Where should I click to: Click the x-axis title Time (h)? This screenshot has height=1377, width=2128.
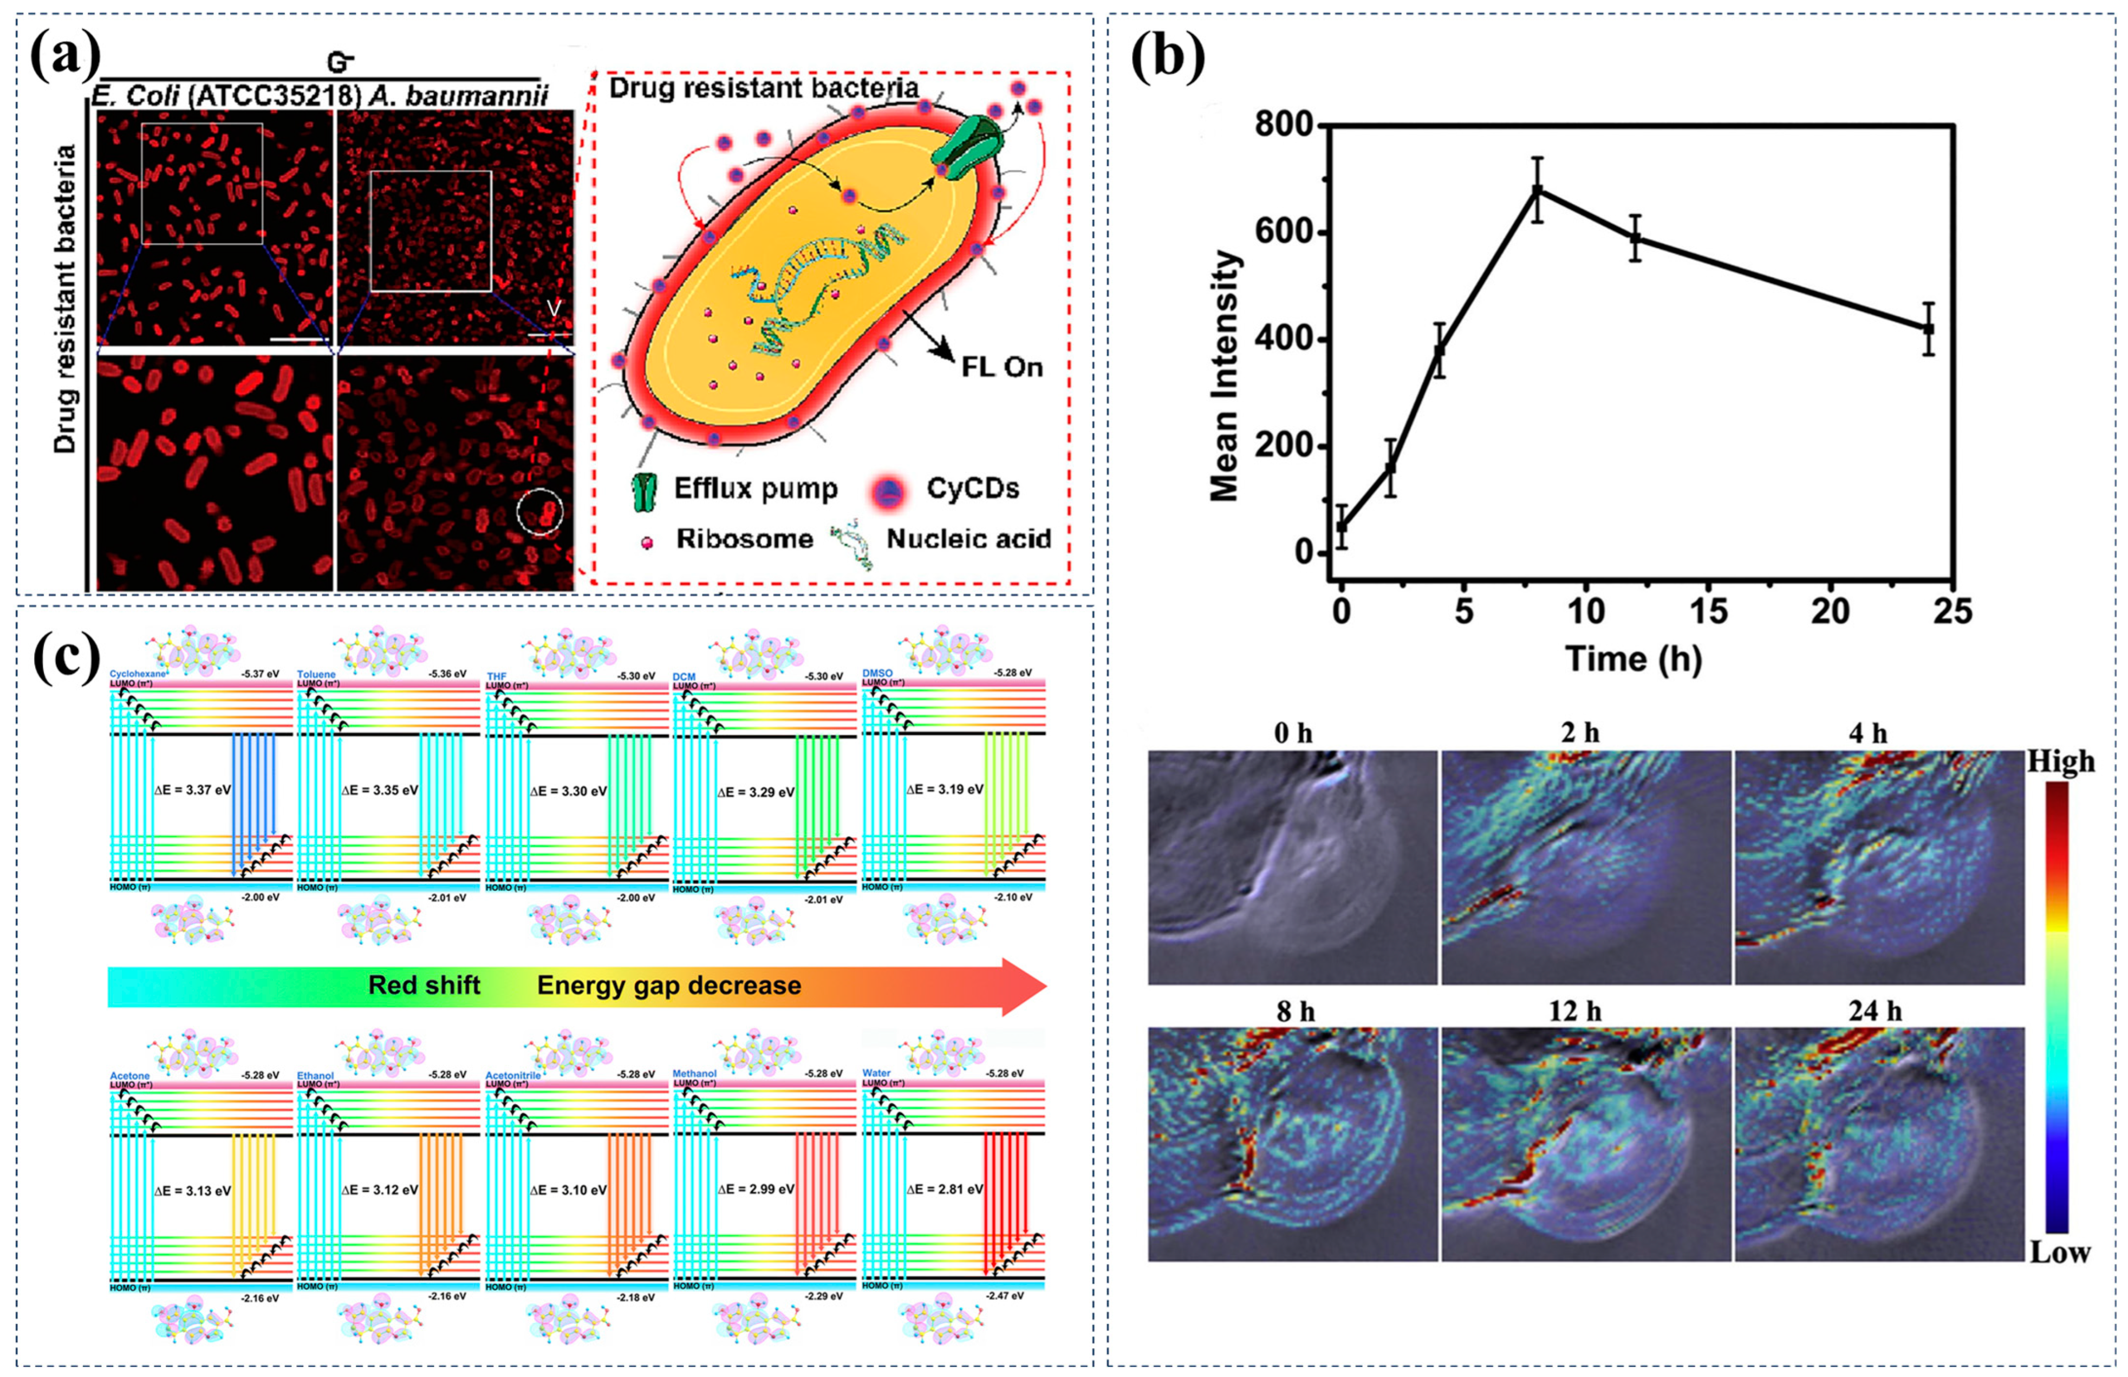[x=1632, y=659]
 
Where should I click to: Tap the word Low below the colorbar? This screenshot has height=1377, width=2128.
[x=2059, y=1252]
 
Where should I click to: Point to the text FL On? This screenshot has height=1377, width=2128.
[x=1001, y=368]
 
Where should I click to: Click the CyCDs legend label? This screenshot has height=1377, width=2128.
[x=972, y=488]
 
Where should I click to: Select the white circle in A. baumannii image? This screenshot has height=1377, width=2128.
[x=540, y=512]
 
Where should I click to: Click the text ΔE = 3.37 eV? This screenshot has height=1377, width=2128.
[x=192, y=789]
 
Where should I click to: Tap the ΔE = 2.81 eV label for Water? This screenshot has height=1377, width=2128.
[x=944, y=1189]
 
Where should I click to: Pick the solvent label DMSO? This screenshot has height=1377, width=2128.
[x=877, y=673]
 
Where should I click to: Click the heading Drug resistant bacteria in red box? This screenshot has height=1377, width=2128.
[x=764, y=88]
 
